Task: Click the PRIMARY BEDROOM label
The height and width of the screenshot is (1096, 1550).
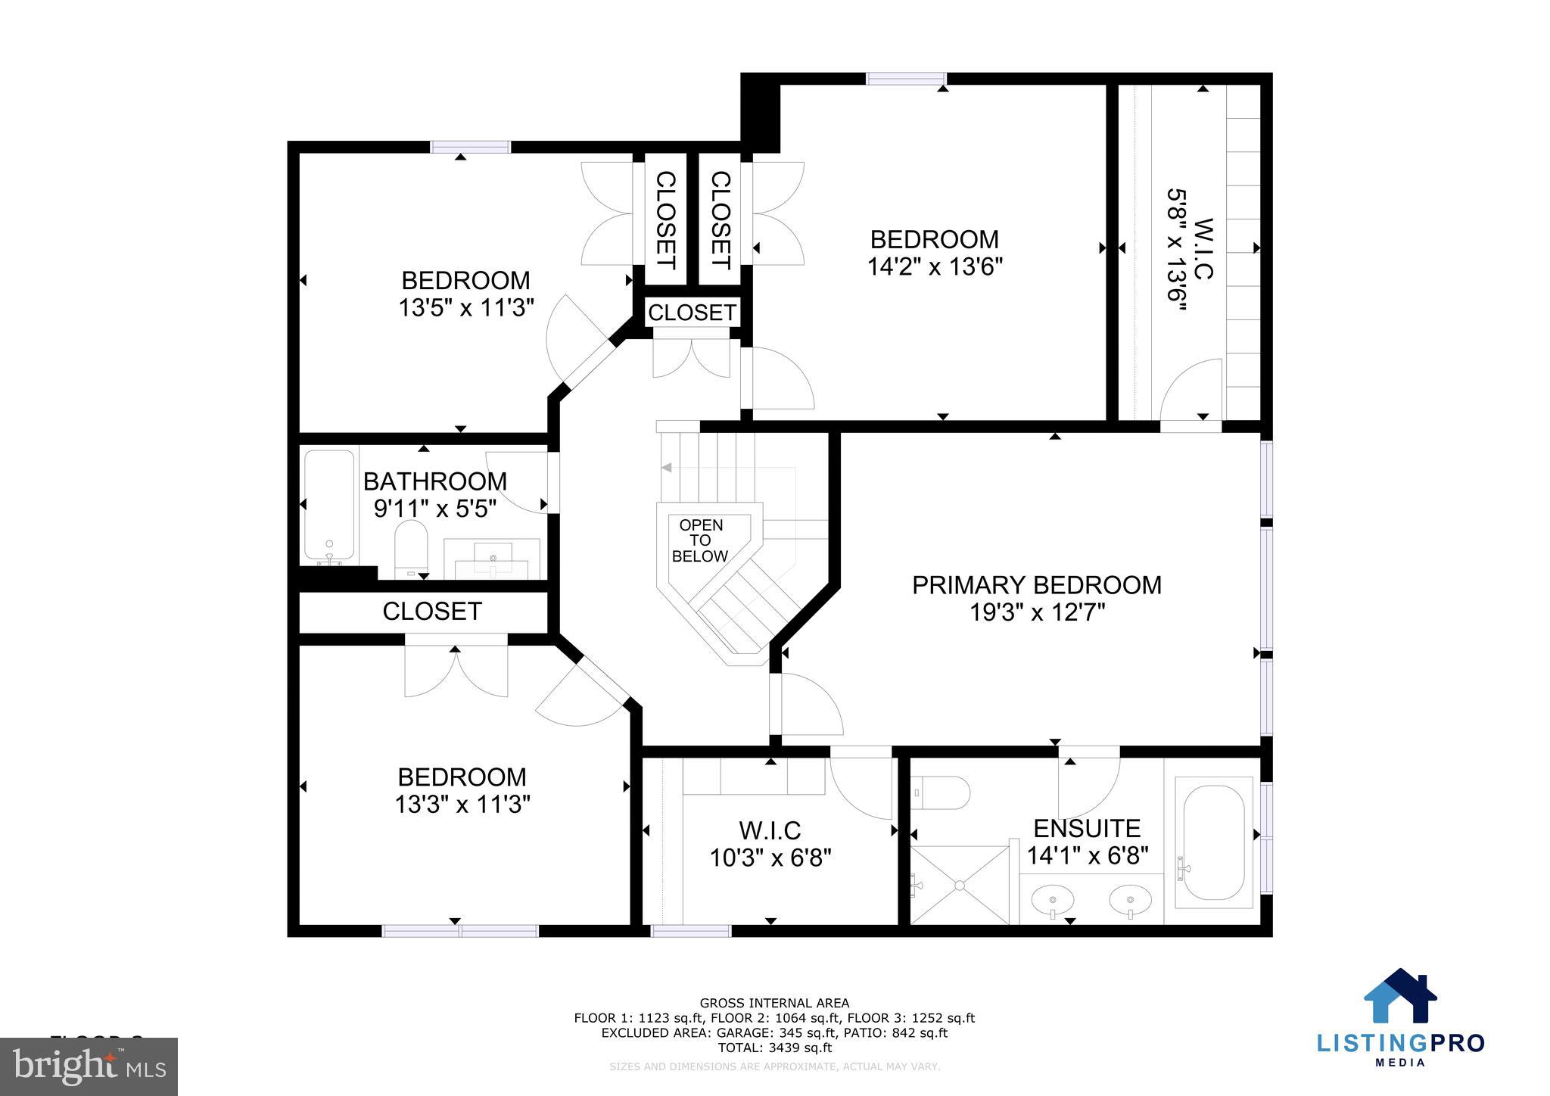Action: click(x=1036, y=585)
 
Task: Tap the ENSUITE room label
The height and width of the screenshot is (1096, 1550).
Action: click(x=1087, y=829)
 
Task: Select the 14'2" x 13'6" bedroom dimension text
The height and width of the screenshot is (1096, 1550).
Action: click(x=935, y=267)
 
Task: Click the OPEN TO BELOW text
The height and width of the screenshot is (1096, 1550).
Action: click(x=700, y=540)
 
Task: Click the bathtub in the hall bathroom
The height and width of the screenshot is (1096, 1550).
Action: click(x=328, y=505)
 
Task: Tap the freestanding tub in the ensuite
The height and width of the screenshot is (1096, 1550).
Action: click(x=1213, y=842)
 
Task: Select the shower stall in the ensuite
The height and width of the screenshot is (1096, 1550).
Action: click(x=960, y=885)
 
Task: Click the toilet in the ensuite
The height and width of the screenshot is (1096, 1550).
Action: click(x=942, y=793)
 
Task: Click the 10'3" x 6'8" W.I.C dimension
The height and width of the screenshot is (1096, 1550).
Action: click(x=770, y=858)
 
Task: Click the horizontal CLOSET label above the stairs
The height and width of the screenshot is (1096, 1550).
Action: click(x=692, y=312)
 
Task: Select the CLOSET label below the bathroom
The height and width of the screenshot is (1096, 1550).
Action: click(x=432, y=612)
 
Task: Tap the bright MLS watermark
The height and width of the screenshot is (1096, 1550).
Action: click(x=89, y=1066)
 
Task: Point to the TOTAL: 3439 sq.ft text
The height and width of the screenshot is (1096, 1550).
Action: click(x=774, y=1048)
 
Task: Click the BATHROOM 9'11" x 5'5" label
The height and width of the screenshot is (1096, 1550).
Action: click(x=435, y=494)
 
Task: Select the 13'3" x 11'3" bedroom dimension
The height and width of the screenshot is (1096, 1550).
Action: click(x=462, y=804)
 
